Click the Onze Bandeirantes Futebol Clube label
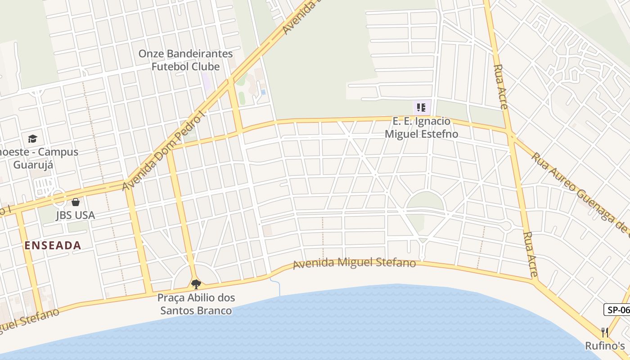(x=185, y=60)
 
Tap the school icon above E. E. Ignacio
(x=421, y=108)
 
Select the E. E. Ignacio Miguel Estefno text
(x=421, y=127)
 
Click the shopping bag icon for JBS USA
(x=75, y=202)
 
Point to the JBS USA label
(x=75, y=215)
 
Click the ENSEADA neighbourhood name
(x=53, y=245)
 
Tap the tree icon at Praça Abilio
(x=196, y=284)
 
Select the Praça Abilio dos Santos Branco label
(x=196, y=304)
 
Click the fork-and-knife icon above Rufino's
(x=605, y=333)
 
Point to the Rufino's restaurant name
(x=605, y=346)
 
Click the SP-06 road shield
(x=617, y=310)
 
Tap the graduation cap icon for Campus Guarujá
(x=32, y=139)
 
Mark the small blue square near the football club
(x=263, y=92)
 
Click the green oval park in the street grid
(x=425, y=201)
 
